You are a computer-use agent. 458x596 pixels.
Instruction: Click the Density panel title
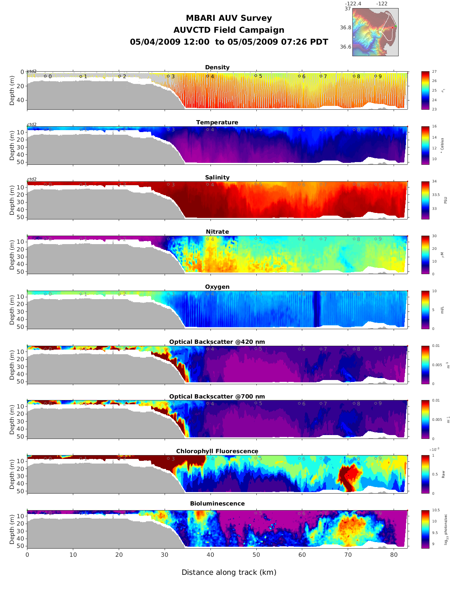pyautogui.click(x=217, y=67)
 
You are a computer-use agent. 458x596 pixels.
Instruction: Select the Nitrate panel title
pyautogui.click(x=217, y=232)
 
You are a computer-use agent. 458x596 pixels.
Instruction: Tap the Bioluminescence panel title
pyautogui.click(x=217, y=504)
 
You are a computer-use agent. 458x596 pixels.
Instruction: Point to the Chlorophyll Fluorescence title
pyautogui.click(x=217, y=451)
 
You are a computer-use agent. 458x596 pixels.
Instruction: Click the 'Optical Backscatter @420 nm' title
pyautogui.click(x=217, y=342)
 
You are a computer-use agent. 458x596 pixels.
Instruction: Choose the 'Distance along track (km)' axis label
pyautogui.click(x=229, y=573)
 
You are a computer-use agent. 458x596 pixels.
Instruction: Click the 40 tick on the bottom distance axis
pyautogui.click(x=210, y=555)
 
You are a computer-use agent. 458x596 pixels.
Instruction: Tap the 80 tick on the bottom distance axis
pyautogui.click(x=394, y=555)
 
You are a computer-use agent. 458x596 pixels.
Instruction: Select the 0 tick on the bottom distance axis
pyautogui.click(x=27, y=555)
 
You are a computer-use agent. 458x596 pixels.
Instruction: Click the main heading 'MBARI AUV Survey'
pyautogui.click(x=229, y=18)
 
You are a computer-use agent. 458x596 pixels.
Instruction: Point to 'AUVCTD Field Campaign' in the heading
pyautogui.click(x=229, y=30)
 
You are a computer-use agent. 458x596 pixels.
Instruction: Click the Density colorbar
pyautogui.click(x=425, y=90)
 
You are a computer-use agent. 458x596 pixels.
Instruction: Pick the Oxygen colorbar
pyautogui.click(x=425, y=310)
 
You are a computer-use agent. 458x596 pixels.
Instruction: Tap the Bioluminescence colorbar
pyautogui.click(x=425, y=529)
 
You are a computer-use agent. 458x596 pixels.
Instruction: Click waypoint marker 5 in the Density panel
pyautogui.click(x=256, y=76)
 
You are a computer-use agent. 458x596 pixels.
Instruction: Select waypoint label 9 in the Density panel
pyautogui.click(x=380, y=77)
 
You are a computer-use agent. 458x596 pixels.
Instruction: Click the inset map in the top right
pyautogui.click(x=375, y=32)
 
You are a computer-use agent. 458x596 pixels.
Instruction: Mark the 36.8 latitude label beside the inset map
pyautogui.click(x=345, y=28)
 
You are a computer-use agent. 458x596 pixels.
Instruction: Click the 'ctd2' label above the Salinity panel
pyautogui.click(x=32, y=179)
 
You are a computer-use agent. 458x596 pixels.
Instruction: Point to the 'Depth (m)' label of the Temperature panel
pyautogui.click(x=12, y=146)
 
